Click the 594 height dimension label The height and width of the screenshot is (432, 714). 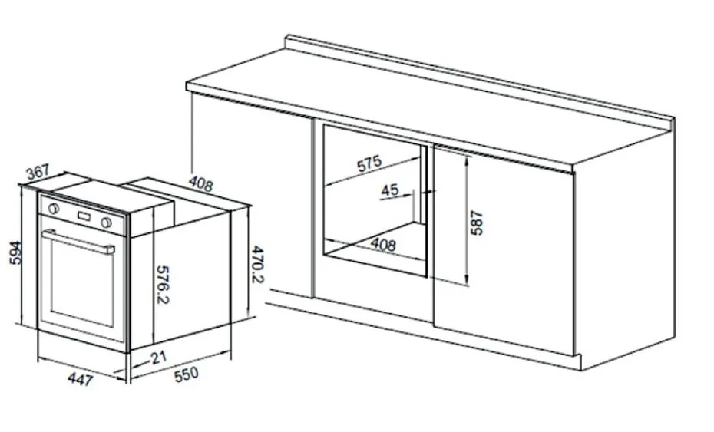pyautogui.click(x=16, y=252)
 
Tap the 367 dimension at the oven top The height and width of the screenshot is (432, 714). pyautogui.click(x=38, y=172)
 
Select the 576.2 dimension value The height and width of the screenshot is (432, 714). pyautogui.click(x=163, y=285)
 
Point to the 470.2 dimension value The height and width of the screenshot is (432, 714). pyautogui.click(x=258, y=264)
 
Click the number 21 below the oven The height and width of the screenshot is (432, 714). pyautogui.click(x=159, y=358)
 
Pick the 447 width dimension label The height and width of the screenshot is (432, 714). pyautogui.click(x=81, y=379)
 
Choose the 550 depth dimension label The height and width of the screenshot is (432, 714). pyautogui.click(x=187, y=374)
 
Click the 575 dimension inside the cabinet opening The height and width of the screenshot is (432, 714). pyautogui.click(x=369, y=163)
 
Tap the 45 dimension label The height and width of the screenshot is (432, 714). pyautogui.click(x=390, y=190)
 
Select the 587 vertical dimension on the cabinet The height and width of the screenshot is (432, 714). pyautogui.click(x=476, y=223)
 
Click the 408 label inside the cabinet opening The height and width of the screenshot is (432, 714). pyautogui.click(x=383, y=245)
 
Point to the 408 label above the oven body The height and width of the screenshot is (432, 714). pyautogui.click(x=201, y=183)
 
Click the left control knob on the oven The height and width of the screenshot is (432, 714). pyautogui.click(x=53, y=209)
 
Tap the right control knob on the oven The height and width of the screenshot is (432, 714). pyautogui.click(x=107, y=223)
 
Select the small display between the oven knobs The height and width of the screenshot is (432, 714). pyautogui.click(x=84, y=216)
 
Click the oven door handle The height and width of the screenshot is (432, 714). pyautogui.click(x=78, y=242)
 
